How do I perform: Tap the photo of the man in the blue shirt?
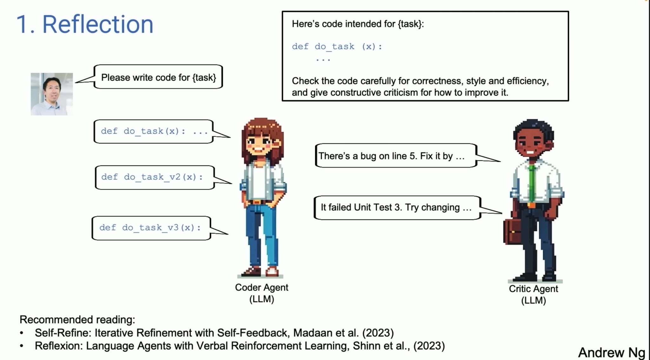52,94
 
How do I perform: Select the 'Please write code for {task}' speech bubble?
158,77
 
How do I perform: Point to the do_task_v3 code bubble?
151,228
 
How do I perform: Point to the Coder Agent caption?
262,293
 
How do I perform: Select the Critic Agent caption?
533,294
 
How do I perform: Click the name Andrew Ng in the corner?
611,352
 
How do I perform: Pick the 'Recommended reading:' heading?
77,319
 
